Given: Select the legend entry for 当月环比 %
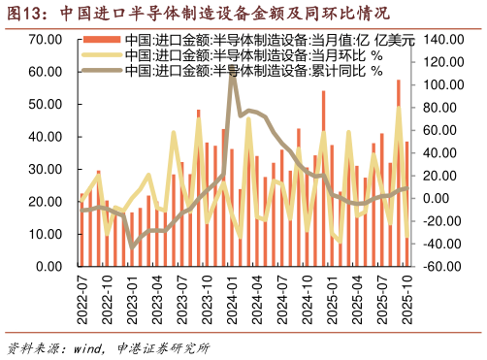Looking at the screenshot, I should tap(246, 56).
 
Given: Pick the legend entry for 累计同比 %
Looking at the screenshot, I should tap(246, 71).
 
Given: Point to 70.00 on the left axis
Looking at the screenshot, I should tap(46, 40).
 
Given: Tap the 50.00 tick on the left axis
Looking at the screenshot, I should tap(46, 104).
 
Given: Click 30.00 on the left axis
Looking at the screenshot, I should tap(46, 169).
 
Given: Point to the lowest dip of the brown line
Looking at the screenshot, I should tap(133, 246).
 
